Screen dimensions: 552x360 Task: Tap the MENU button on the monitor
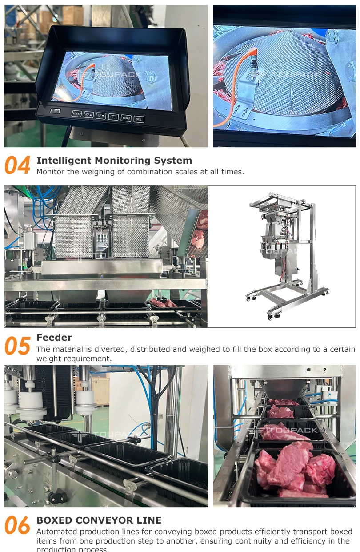click(126, 118)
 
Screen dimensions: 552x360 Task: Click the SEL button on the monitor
click(139, 119)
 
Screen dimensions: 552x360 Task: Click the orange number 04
click(17, 165)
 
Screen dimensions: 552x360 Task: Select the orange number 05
click(17, 346)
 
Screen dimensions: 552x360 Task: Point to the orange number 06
click(17, 525)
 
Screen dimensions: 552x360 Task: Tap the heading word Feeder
click(54, 338)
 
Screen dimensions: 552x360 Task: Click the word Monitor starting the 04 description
click(50, 172)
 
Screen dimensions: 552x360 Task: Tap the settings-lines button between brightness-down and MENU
click(113, 117)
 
